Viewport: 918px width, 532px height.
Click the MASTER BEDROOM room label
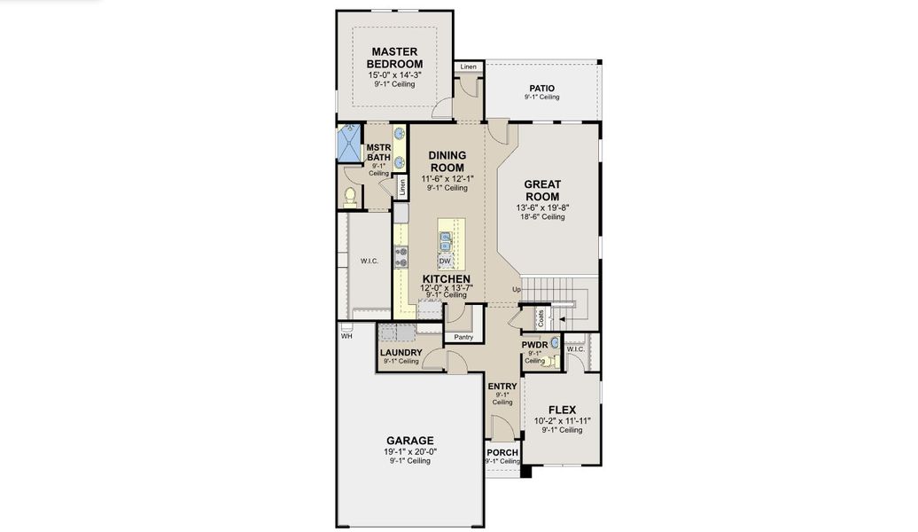[395, 58]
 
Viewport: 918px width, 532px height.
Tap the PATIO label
[541, 88]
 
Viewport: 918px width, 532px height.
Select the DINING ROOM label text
[447, 160]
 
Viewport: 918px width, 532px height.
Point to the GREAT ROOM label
[541, 190]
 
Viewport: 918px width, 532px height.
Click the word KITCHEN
[446, 278]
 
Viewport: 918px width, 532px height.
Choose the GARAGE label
[408, 440]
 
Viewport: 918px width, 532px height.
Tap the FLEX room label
[562, 410]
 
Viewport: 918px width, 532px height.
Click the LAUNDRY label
[401, 352]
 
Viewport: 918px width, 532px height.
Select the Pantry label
[463, 337]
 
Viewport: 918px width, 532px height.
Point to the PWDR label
[534, 344]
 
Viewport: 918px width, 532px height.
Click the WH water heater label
[346, 336]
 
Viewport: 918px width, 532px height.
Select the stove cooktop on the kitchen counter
[401, 257]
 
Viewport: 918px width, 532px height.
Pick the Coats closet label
[541, 317]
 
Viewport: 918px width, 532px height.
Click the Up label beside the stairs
[516, 290]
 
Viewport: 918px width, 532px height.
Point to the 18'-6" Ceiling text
[541, 216]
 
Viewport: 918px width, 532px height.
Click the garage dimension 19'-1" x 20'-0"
[408, 451]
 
